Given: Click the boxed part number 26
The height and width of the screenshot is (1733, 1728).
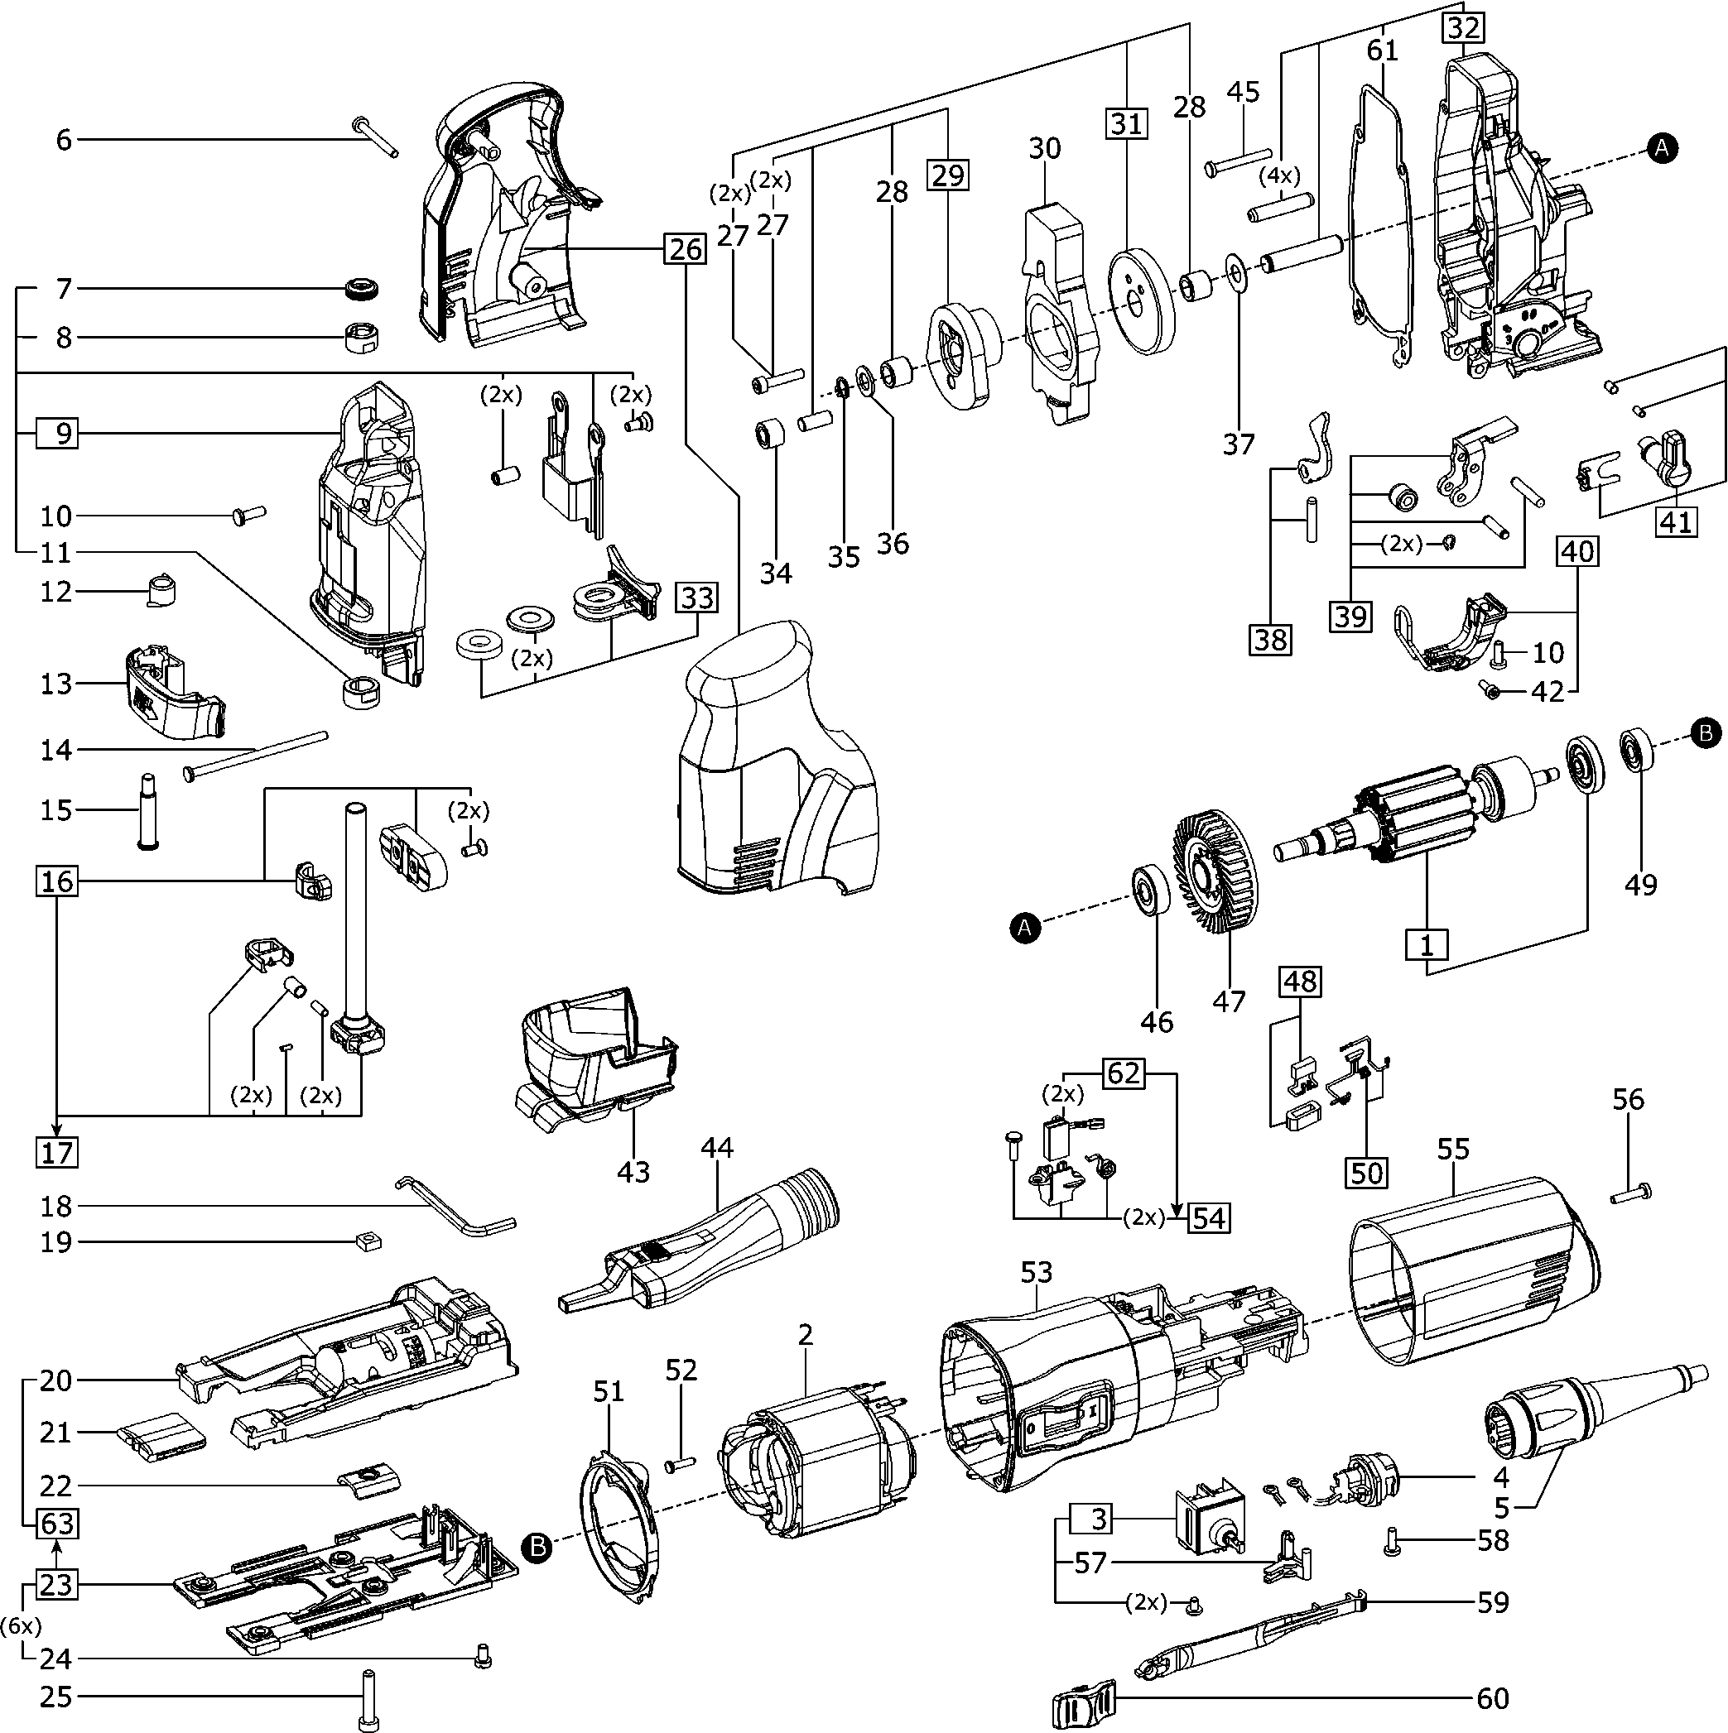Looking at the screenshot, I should point(686,248).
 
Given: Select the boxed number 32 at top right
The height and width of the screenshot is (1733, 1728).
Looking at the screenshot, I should point(1462,28).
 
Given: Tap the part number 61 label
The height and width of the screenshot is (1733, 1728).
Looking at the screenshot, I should point(1382,51).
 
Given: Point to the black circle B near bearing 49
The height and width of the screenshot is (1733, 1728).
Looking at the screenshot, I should point(1705,733).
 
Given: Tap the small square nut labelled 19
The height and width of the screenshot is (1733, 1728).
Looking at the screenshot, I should point(365,1241).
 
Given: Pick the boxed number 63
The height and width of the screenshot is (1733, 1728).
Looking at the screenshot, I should point(56,1524).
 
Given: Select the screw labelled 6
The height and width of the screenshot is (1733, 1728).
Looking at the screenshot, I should point(376,135).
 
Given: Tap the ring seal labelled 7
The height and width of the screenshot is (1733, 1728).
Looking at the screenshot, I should point(363,289).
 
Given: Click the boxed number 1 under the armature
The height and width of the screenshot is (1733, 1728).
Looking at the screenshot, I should point(1427,944).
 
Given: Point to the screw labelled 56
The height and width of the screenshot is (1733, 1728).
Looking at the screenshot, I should point(1632,1194).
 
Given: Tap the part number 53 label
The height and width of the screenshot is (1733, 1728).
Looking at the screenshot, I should point(1037,1271).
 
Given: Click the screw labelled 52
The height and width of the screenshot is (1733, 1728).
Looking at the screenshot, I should point(681,1465).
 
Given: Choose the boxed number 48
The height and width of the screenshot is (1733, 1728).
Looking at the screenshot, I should point(1300,982).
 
